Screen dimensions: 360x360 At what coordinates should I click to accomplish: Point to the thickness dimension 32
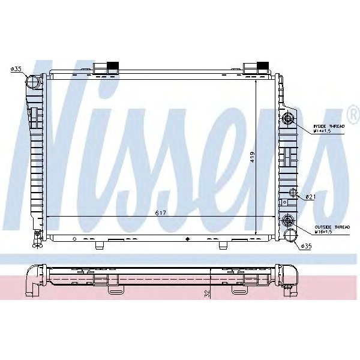(206, 293)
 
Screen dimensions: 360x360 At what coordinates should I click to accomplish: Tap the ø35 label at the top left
(16, 70)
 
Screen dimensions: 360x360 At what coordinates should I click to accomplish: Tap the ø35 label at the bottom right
(305, 245)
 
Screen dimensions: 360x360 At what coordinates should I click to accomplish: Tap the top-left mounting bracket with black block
(107, 67)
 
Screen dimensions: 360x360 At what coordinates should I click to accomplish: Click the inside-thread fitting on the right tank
(289, 119)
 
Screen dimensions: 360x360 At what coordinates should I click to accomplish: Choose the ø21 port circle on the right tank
(293, 192)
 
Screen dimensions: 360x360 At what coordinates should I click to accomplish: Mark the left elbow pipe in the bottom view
(34, 277)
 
